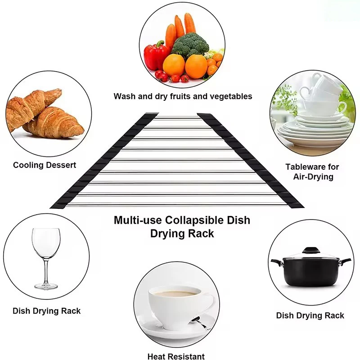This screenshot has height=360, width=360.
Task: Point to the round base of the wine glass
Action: click(46, 285)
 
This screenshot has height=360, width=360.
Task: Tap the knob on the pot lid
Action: click(310, 250)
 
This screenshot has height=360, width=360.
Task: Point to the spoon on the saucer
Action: click(198, 322)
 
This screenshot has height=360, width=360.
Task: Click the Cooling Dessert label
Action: click(45, 165)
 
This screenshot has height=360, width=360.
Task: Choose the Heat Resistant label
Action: click(176, 356)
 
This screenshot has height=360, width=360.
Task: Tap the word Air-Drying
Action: click(312, 177)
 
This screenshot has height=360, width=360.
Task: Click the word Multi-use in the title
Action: click(137, 220)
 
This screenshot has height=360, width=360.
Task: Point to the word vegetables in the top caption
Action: click(229, 96)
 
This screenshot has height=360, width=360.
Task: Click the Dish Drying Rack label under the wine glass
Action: click(47, 310)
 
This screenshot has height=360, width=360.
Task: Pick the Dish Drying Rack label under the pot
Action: click(310, 315)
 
